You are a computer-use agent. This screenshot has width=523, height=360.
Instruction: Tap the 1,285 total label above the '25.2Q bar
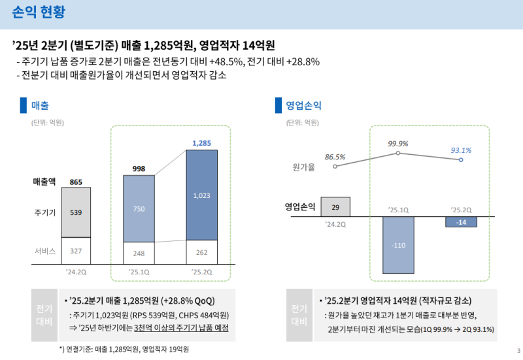[201, 142]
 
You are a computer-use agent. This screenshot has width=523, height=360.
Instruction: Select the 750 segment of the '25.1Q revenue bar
[139, 208]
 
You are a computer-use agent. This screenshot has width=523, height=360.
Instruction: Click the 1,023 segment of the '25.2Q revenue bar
[201, 195]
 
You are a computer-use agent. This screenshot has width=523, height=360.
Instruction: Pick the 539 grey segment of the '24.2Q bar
[76, 212]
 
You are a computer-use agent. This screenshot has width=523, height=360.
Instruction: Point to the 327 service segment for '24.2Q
[76, 250]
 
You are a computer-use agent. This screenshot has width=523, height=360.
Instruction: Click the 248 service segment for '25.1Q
[139, 253]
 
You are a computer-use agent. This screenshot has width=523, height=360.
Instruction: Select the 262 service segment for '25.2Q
[201, 252]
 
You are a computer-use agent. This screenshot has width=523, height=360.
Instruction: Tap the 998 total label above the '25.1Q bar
[139, 169]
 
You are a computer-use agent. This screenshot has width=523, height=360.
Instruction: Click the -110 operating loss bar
[398, 245]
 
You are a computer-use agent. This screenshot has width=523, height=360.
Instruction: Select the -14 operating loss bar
[461, 222]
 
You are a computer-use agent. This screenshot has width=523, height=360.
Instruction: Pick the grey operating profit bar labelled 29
[335, 206]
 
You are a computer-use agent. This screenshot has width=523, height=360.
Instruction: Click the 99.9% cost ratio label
[397, 144]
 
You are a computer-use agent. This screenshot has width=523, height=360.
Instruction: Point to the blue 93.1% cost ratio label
[461, 150]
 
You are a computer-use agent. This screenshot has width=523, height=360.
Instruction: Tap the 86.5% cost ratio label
[335, 157]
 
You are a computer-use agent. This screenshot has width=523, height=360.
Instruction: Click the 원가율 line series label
[304, 167]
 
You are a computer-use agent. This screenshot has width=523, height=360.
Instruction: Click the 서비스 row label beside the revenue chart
[45, 251]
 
